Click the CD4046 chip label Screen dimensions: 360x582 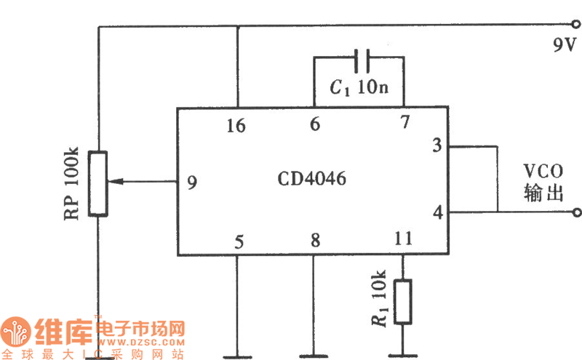click(x=313, y=178)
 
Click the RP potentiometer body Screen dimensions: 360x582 click(x=98, y=183)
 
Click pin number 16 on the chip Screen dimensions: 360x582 click(x=236, y=126)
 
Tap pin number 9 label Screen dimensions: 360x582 click(x=191, y=183)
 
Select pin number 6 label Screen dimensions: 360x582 click(x=314, y=124)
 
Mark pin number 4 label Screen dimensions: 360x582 click(x=436, y=213)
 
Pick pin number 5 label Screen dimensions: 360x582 click(x=238, y=241)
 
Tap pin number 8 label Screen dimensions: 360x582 click(x=314, y=241)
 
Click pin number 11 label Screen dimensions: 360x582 click(x=402, y=238)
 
